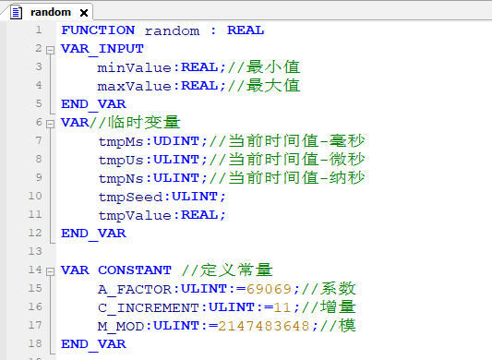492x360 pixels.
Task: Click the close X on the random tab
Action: (x=82, y=13)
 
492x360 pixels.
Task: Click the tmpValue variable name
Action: (x=135, y=215)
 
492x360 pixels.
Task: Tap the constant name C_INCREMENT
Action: (x=149, y=307)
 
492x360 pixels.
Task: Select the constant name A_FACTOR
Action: (x=130, y=289)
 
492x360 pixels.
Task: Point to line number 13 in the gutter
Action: (x=36, y=251)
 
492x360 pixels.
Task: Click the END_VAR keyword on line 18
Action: (x=93, y=344)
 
